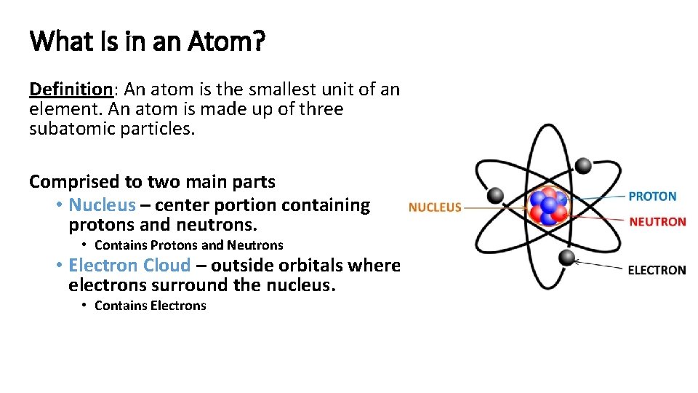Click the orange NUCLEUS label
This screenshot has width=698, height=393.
tap(435, 207)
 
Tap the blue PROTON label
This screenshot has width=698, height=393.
tap(652, 196)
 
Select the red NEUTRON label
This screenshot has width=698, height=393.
tap(657, 221)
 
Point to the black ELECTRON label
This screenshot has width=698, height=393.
tap(657, 270)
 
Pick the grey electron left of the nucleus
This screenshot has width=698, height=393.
tap(495, 195)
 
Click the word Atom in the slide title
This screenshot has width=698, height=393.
tap(226, 41)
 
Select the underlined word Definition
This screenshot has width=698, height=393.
tap(70, 90)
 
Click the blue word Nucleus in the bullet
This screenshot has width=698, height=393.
tap(102, 205)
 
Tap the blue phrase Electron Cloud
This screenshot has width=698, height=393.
tap(129, 266)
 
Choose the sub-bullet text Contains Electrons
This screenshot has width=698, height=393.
tap(151, 306)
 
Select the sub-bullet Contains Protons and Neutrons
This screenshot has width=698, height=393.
tap(189, 245)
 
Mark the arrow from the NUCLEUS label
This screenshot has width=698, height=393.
tap(494, 207)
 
